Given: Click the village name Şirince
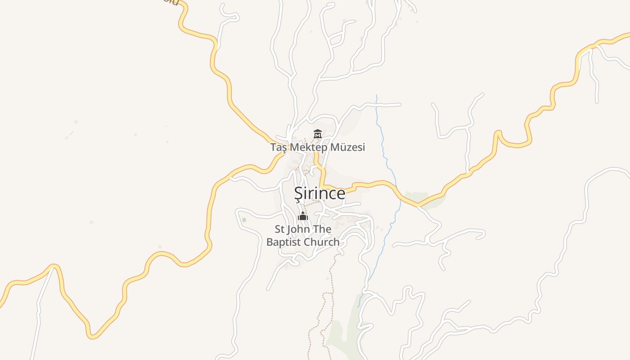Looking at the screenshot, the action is tap(319, 193).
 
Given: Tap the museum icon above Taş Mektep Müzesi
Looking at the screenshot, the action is tap(318, 134).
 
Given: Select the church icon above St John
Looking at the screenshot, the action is tap(303, 216).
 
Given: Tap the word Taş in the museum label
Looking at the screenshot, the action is tap(279, 147).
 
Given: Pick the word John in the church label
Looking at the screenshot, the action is tap(299, 229).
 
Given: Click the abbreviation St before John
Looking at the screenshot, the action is tap(279, 229).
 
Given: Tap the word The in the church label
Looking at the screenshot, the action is tap(322, 229).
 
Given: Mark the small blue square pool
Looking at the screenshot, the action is tap(244, 220).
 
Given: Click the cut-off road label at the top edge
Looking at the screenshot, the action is tap(171, 2).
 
